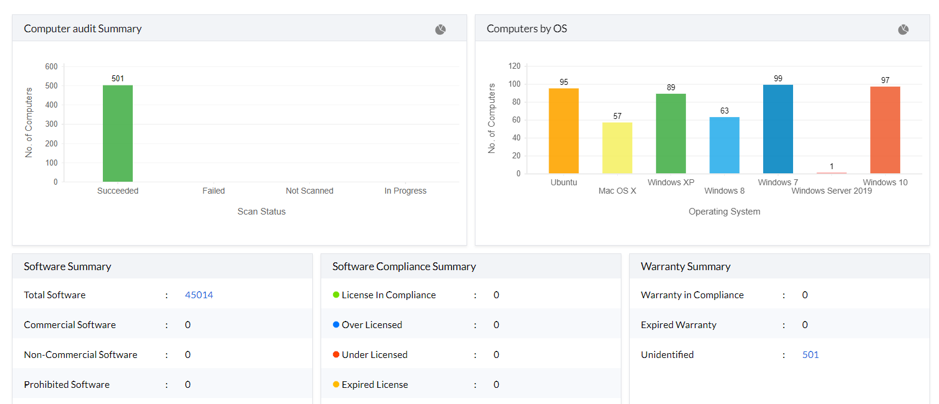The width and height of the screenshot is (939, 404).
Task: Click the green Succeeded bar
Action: pyautogui.click(x=118, y=133)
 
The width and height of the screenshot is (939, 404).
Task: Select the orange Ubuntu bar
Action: pyautogui.click(x=563, y=131)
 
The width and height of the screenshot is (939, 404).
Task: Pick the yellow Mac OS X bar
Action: pyautogui.click(x=617, y=148)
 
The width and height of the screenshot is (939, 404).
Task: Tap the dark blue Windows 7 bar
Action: pyautogui.click(x=778, y=129)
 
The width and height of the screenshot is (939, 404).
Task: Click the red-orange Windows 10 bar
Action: pyautogui.click(x=885, y=130)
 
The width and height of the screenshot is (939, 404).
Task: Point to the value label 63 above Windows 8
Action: pyautogui.click(x=724, y=111)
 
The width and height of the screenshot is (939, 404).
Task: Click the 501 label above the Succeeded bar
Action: pyautogui.click(x=118, y=78)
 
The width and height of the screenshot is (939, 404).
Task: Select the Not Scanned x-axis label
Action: pyautogui.click(x=309, y=191)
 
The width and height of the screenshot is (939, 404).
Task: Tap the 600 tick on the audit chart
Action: pyautogui.click(x=51, y=66)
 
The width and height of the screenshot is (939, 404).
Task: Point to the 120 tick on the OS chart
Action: pyautogui.click(x=514, y=66)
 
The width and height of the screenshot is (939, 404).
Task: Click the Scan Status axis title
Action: pyautogui.click(x=261, y=212)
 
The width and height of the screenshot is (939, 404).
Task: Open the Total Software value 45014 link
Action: pyautogui.click(x=199, y=295)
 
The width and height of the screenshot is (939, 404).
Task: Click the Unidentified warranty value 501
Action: pyautogui.click(x=810, y=354)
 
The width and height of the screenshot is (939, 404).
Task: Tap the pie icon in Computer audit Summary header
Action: pyautogui.click(x=440, y=29)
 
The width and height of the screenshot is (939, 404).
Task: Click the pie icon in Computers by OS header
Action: pyautogui.click(x=903, y=29)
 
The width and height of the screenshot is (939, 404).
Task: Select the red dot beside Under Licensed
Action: pyautogui.click(x=336, y=354)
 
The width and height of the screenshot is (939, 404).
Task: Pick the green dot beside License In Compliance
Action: pyautogui.click(x=336, y=295)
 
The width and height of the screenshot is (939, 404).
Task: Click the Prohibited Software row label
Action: pyautogui.click(x=67, y=384)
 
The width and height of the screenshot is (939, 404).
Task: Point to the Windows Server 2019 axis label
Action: pyautogui.click(x=831, y=191)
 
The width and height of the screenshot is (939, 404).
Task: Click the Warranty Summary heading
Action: pyautogui.click(x=685, y=267)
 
